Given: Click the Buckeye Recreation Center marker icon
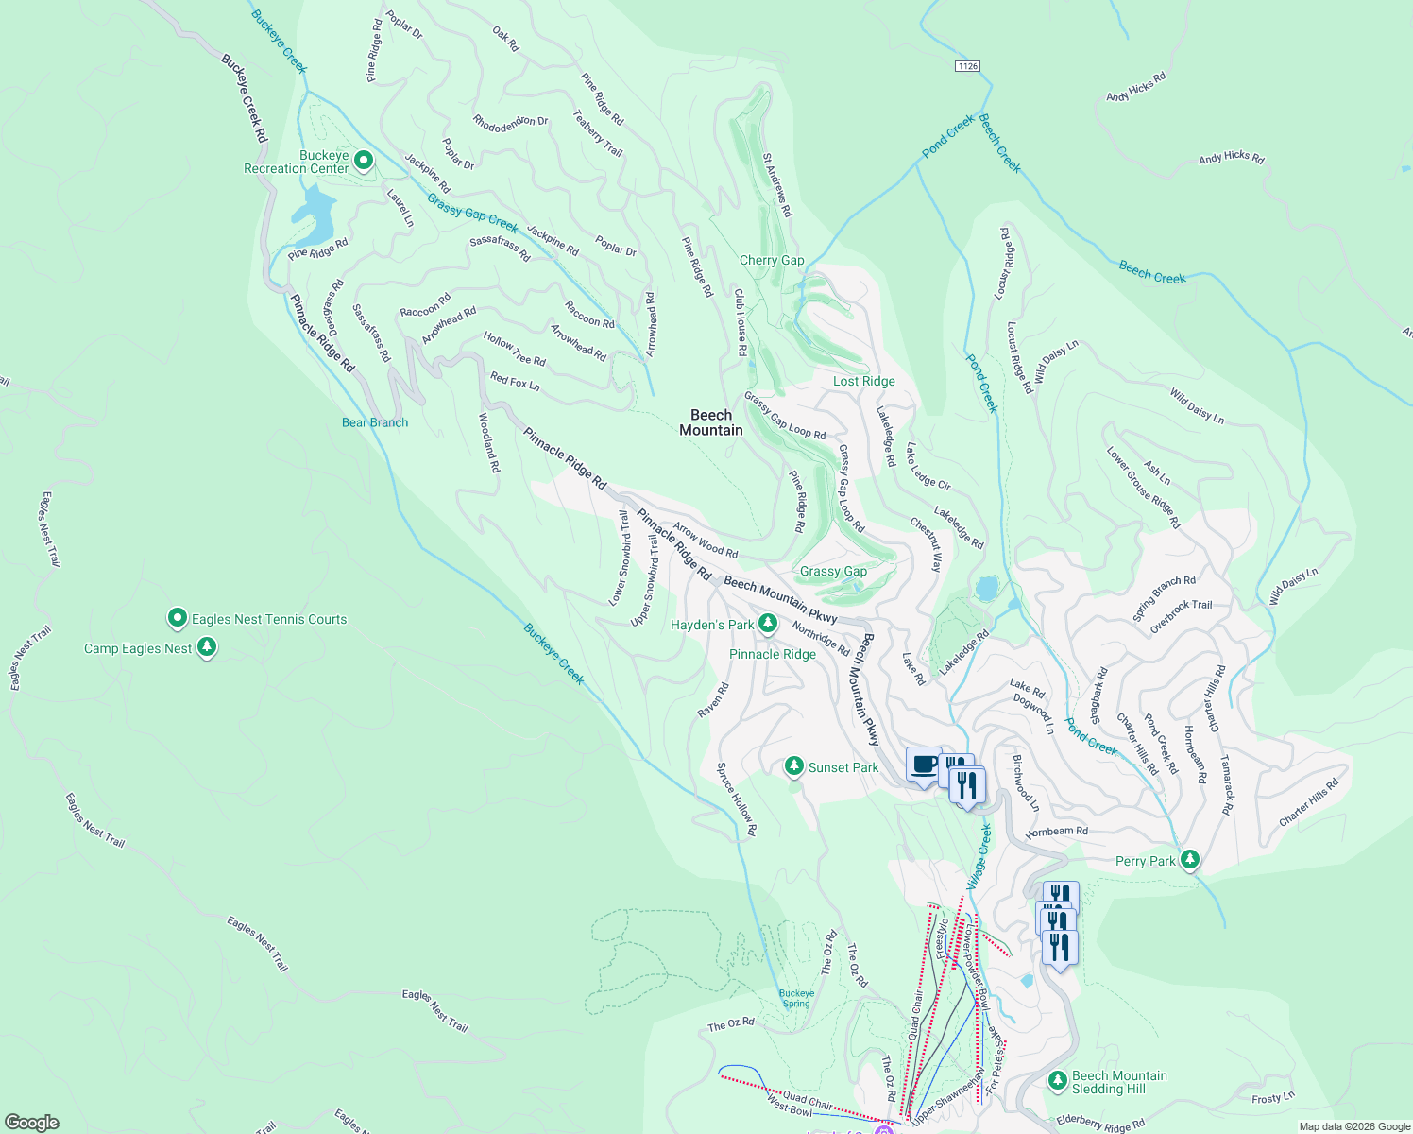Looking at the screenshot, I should [363, 162].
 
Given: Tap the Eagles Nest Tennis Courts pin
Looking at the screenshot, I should [177, 619].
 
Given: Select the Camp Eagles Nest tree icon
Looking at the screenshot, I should [207, 647].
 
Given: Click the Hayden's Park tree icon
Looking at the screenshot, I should [768, 624].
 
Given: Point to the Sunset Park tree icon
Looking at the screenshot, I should [794, 766].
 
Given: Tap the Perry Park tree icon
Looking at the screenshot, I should [1190, 860].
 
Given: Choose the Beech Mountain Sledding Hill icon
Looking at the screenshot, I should [1058, 1080].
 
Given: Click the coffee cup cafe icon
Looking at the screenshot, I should [924, 764].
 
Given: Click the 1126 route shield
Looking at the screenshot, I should [967, 66].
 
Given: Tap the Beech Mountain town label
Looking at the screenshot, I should [711, 422].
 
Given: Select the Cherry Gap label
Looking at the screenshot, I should [772, 261].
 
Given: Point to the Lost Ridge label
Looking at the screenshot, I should [863, 382].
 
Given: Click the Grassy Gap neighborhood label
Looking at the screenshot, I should [833, 572].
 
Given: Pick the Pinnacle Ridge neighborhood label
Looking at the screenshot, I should [773, 654].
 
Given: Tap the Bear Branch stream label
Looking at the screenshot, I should [375, 422].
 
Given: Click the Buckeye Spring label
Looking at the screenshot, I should [796, 998].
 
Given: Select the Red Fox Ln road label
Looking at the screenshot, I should [515, 382].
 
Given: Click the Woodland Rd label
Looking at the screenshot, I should [489, 442].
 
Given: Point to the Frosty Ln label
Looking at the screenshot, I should [1272, 1098].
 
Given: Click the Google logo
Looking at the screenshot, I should [31, 1123].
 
